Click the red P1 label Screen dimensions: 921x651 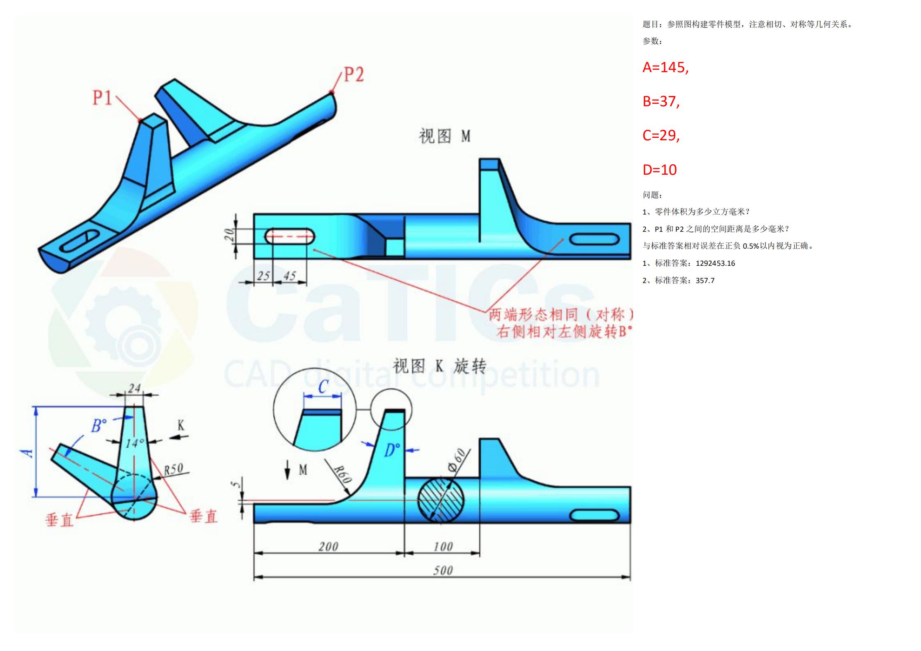coord(102,98)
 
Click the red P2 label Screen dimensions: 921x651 coord(354,74)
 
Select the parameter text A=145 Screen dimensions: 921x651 coord(665,67)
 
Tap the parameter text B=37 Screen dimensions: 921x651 coord(661,101)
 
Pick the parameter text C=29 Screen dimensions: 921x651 coord(661,135)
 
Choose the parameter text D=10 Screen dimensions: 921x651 coord(660,169)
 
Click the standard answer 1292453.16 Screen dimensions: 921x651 coord(715,263)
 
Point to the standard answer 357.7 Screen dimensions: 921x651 coord(705,281)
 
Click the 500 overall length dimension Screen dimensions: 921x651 coord(443,570)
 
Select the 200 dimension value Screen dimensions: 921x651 coord(328,546)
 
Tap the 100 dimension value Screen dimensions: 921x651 coord(443,546)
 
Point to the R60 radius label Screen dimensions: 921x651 coord(343,474)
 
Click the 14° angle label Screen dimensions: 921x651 coord(135,443)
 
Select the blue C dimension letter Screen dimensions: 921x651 coord(323,386)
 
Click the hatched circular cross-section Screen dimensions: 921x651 coord(441,500)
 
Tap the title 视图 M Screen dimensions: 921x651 coord(444,136)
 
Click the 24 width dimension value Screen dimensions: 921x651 coord(134,388)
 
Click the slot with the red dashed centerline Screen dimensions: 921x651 coord(290,236)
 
